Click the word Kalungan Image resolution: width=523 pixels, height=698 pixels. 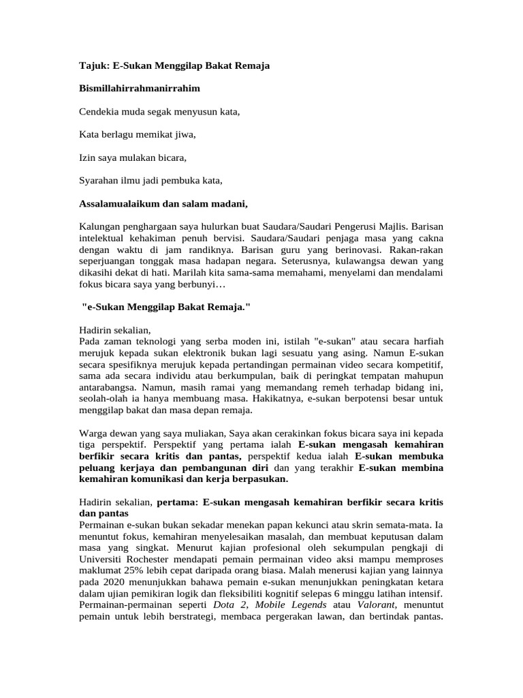99,226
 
